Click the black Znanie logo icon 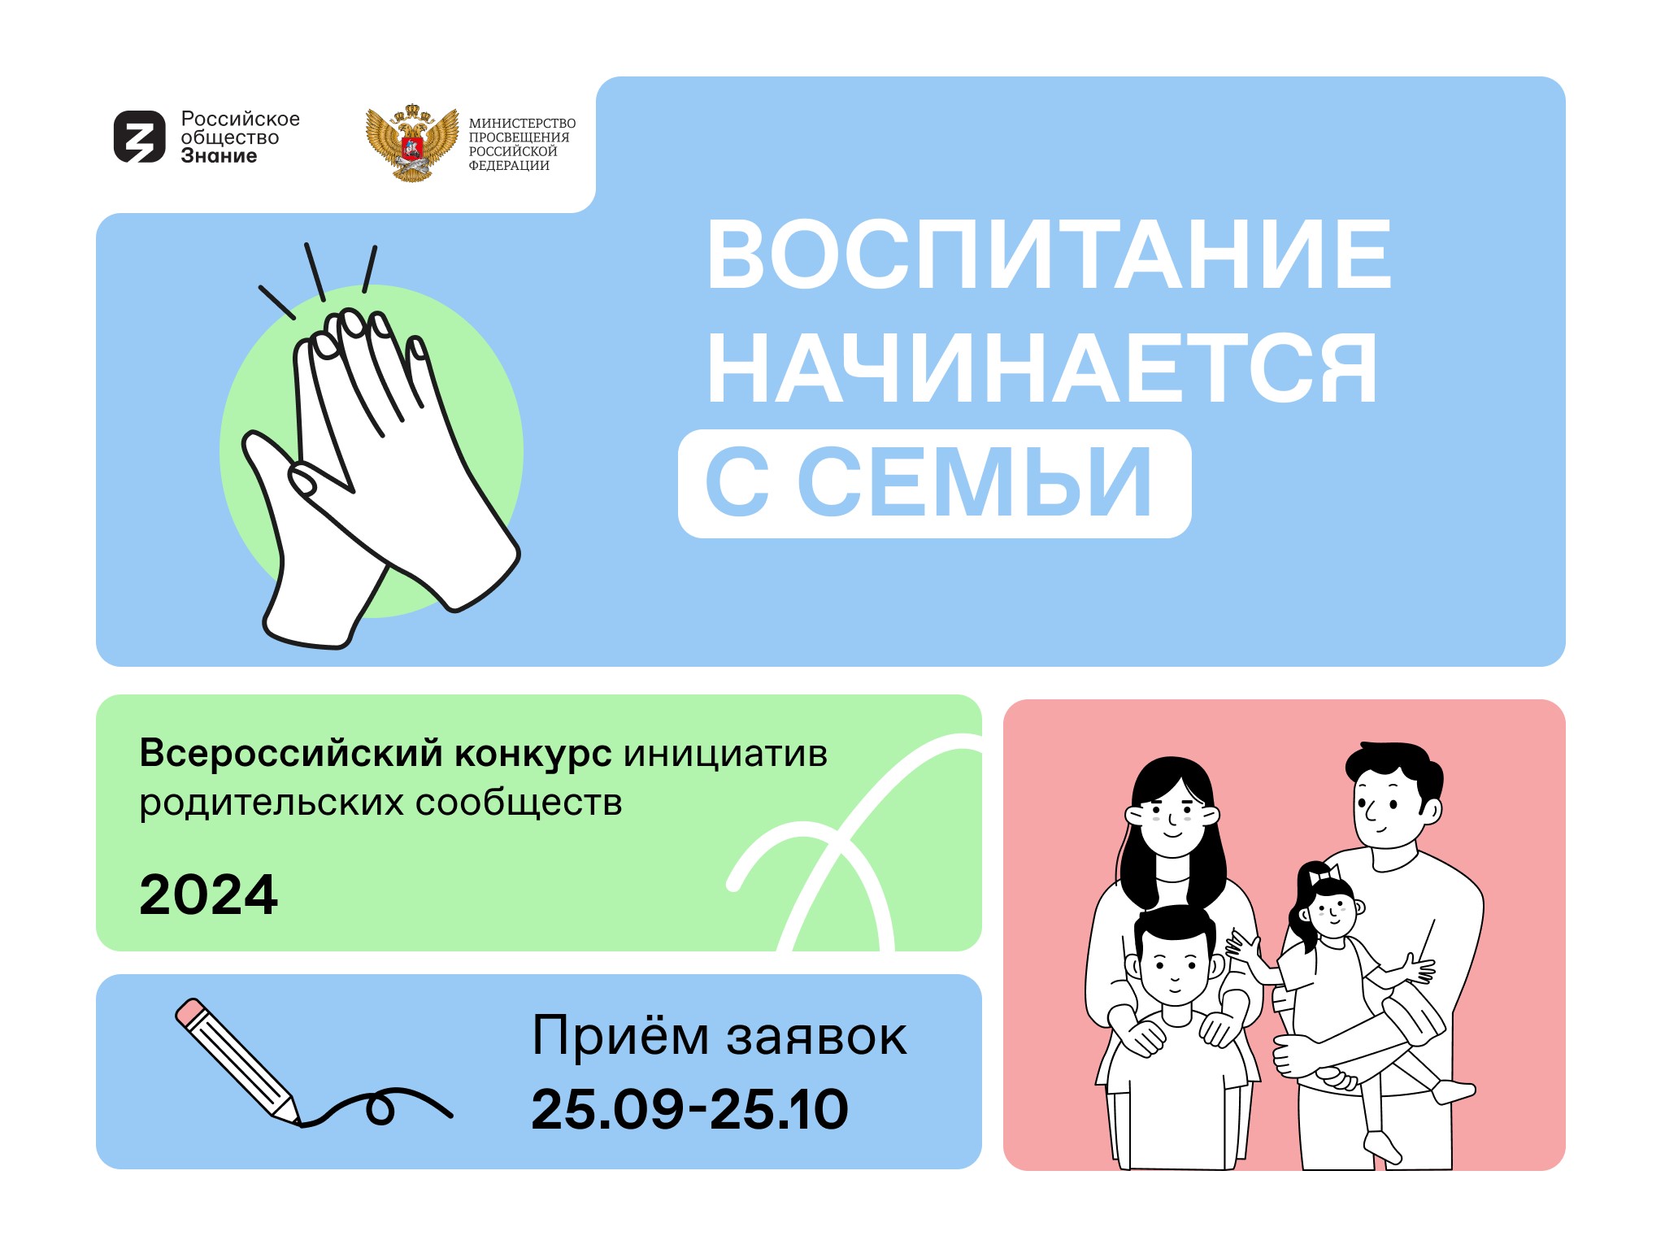[140, 137]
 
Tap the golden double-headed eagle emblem [412, 143]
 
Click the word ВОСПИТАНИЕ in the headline [1049, 255]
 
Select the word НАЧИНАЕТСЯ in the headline [1042, 368]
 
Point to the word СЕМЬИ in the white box [975, 482]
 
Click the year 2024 [208, 895]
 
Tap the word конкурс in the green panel [533, 754]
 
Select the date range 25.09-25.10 [689, 1109]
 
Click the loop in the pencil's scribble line [380, 1108]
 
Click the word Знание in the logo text [219, 156]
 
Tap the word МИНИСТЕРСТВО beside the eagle [522, 124]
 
